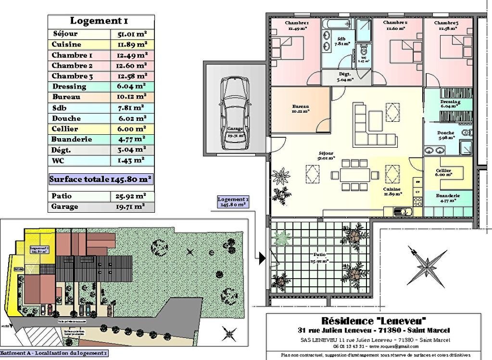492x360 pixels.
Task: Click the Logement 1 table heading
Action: pos(99,21)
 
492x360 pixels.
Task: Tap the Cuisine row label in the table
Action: pos(66,45)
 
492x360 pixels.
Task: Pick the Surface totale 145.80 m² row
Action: pos(101,179)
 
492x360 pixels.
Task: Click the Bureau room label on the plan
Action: pos(300,108)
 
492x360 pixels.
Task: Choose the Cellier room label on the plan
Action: pos(443,173)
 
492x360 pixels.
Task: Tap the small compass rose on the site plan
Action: pos(229,332)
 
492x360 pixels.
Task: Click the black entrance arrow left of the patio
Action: pos(262,258)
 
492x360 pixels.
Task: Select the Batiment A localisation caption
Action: pos(54,353)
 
